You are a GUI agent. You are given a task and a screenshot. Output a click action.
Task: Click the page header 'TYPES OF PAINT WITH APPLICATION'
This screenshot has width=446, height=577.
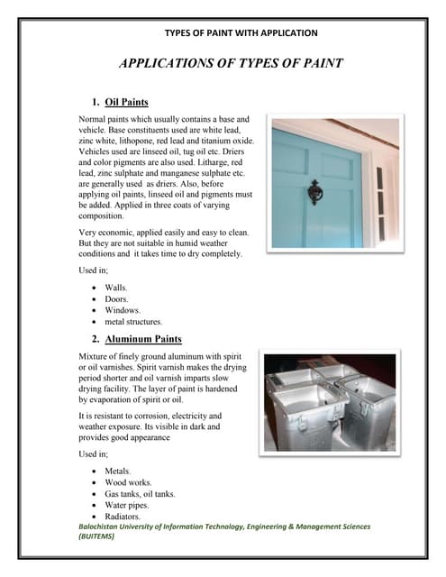[x=241, y=33]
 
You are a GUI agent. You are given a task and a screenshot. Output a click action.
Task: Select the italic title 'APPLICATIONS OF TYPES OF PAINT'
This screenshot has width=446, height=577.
[x=231, y=64]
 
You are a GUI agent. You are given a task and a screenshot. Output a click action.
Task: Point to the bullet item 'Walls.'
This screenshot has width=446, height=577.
[x=116, y=286]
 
